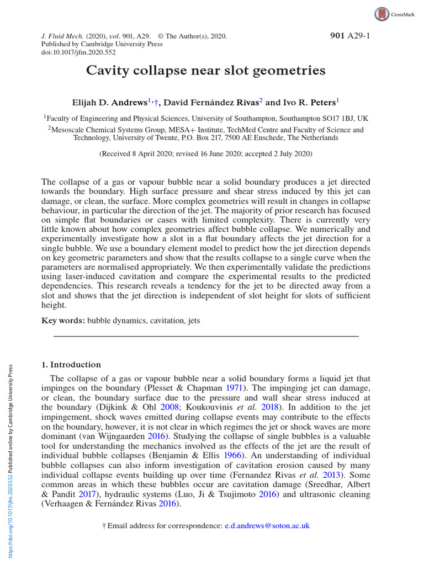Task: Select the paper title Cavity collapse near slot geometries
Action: (205, 71)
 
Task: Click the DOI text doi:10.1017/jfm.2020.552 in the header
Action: (77, 52)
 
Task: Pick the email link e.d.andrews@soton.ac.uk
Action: (267, 526)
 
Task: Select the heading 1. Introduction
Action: (72, 365)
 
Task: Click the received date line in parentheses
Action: (205, 154)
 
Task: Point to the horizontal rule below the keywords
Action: (205, 336)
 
